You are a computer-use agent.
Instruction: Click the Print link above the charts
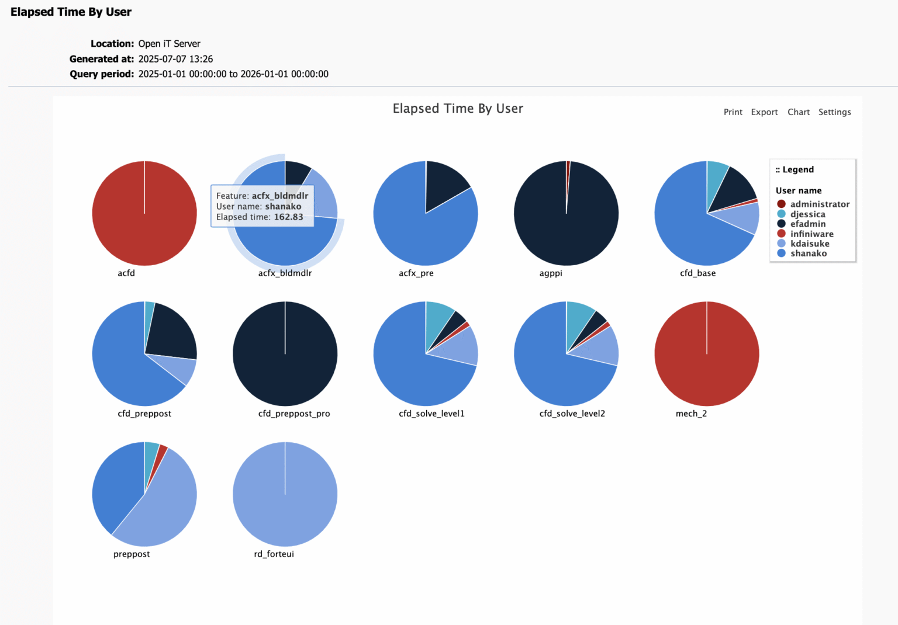733,112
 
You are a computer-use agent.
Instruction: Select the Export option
764,112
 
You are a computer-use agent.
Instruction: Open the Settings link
834,112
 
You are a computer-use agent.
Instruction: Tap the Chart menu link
798,112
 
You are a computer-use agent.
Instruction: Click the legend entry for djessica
807,214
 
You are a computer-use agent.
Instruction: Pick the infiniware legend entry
811,234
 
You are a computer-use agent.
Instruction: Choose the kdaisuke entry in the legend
809,244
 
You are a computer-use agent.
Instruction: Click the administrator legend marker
781,204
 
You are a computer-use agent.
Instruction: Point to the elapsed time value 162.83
288,217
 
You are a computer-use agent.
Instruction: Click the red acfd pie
144,214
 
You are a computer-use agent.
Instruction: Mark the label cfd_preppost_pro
294,414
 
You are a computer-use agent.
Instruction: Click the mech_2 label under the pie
691,414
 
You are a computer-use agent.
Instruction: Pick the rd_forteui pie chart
285,494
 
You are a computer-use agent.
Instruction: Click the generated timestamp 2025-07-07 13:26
175,59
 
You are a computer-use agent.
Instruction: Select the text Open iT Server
169,44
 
